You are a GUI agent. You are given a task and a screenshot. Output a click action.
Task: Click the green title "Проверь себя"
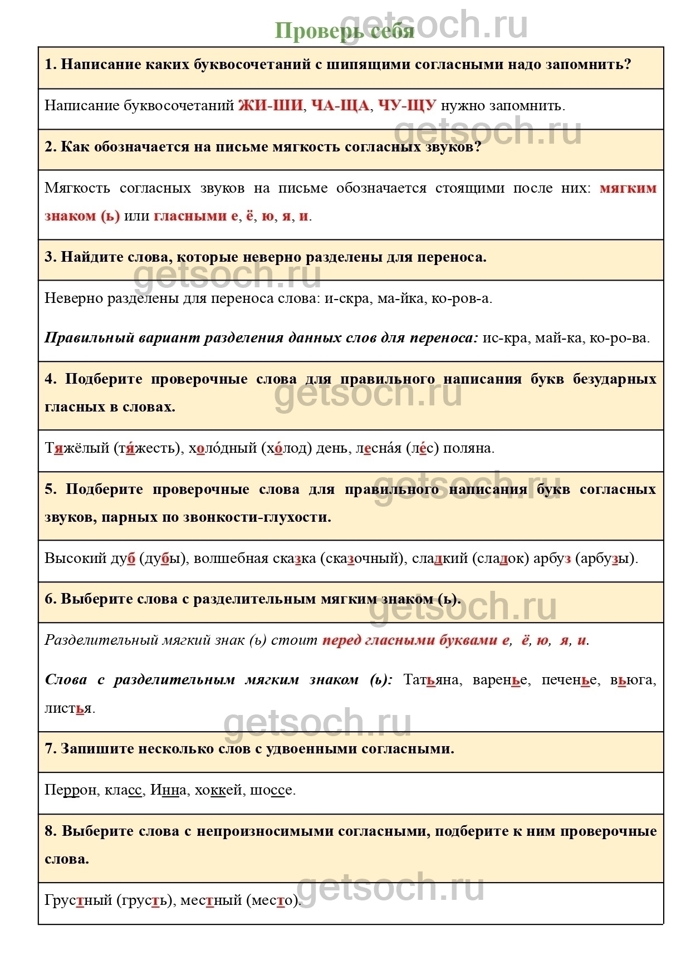click(345, 31)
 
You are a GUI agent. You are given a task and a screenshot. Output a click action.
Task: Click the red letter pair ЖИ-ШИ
click(271, 105)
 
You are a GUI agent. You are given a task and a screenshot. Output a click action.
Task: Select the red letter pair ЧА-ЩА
click(340, 105)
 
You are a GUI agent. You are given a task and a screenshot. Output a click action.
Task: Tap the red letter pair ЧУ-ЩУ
click(407, 105)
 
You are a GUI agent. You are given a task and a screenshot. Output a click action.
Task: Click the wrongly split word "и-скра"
click(347, 298)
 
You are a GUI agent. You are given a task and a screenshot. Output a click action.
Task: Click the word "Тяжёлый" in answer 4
click(76, 448)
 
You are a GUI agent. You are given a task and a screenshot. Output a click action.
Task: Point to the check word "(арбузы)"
click(606, 558)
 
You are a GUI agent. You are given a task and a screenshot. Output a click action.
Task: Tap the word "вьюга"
click(633, 680)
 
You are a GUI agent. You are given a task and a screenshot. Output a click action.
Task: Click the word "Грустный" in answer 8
click(79, 900)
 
